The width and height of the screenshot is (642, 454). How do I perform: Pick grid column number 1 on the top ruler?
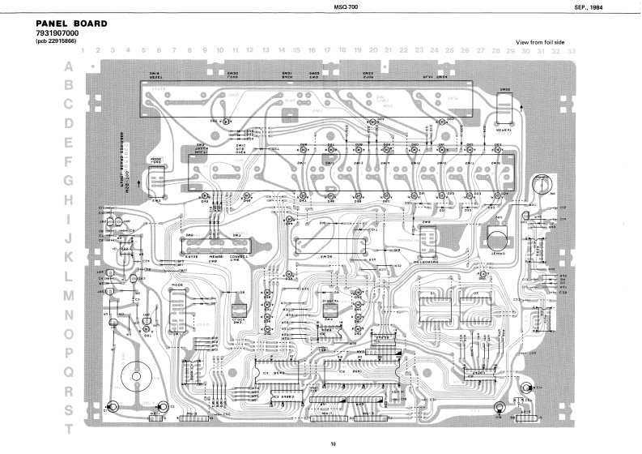(82, 51)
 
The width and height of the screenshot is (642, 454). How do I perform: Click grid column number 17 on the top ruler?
(327, 51)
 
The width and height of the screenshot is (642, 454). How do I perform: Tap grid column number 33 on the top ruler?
(572, 51)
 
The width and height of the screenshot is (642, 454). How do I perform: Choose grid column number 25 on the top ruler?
(450, 51)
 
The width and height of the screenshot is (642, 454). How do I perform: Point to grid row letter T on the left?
(69, 428)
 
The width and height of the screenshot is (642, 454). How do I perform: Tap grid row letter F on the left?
(69, 161)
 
